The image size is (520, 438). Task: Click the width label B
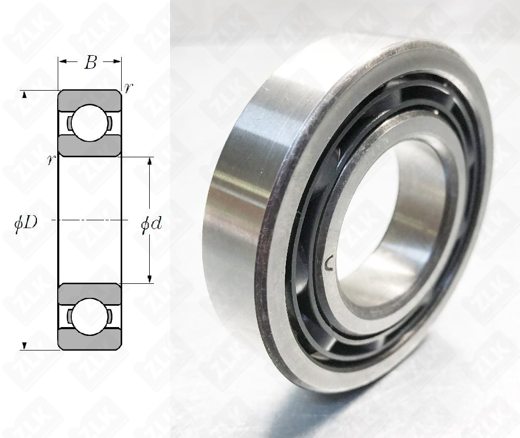[x=90, y=62]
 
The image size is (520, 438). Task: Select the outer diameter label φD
[x=25, y=224]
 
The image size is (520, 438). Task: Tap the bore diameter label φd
[x=151, y=225]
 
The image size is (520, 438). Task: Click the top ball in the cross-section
[x=89, y=123]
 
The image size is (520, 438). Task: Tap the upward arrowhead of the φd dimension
[x=150, y=161]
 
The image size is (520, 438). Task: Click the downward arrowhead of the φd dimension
[x=150, y=279]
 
